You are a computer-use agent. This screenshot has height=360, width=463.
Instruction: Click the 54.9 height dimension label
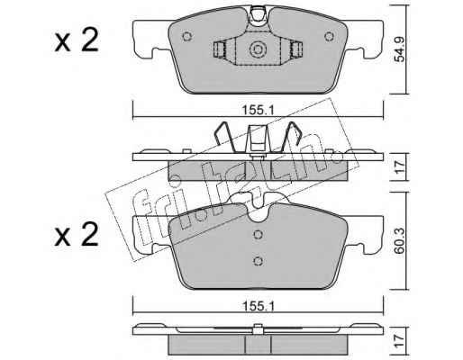[399, 49]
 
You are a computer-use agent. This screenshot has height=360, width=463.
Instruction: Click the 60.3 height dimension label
[399, 240]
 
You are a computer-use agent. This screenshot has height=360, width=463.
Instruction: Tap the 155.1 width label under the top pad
[258, 111]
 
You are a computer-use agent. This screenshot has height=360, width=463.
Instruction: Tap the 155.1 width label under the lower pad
[258, 306]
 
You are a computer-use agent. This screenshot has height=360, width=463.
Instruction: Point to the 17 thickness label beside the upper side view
[399, 167]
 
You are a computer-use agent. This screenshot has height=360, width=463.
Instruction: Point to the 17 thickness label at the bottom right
[399, 341]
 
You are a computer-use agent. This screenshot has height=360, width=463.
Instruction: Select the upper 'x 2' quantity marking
[77, 41]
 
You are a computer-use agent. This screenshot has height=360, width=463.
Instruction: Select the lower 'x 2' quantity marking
[77, 236]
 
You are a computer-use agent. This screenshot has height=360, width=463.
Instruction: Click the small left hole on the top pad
[186, 36]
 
